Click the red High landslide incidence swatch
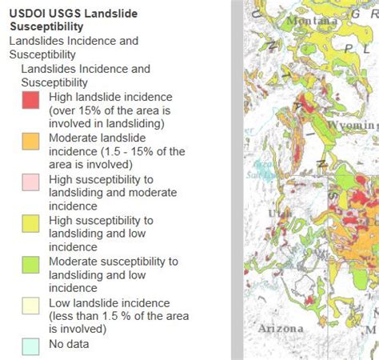(x=30, y=100)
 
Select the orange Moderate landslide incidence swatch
(x=30, y=142)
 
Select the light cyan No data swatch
(x=30, y=345)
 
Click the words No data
(x=69, y=345)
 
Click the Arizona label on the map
(x=281, y=328)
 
